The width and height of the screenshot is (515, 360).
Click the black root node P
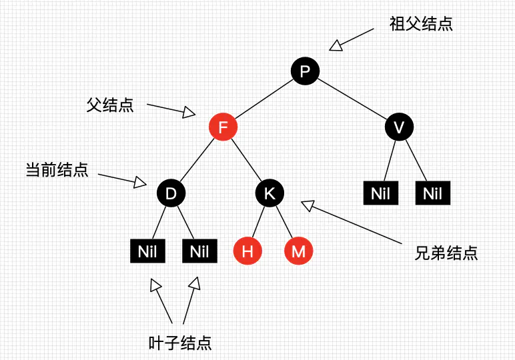pos(305,71)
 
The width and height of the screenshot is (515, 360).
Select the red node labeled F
pos(223,127)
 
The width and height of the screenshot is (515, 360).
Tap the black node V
pos(399,127)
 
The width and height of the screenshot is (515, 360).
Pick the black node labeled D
pos(171,193)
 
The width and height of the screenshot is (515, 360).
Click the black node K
pos(270,193)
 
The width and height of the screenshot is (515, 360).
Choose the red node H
pos(247,251)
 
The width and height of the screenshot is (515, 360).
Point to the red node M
pos(298,251)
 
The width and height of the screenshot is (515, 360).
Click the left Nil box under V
pos(380,194)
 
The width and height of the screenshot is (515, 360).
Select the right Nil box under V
pos(432,194)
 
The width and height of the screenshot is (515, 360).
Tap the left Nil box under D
pos(147,251)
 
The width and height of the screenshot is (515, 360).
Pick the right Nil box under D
pos(199,251)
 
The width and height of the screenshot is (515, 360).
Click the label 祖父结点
pos(421,24)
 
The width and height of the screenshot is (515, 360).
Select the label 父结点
pos(110,105)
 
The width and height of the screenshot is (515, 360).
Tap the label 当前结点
pos(57,169)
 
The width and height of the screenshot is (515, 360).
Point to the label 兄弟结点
pos(446,253)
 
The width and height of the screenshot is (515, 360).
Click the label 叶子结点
pos(179,343)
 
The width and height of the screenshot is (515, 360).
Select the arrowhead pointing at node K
pos(308,206)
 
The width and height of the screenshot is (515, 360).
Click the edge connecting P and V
pos(352,99)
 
